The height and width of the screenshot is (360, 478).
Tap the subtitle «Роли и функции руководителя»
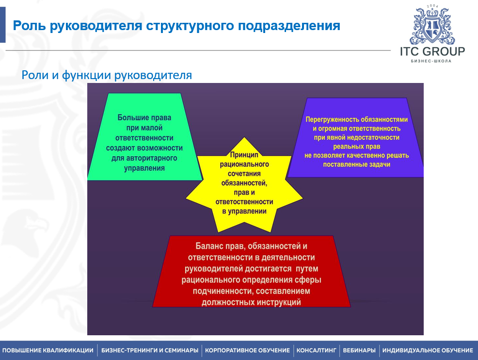107,75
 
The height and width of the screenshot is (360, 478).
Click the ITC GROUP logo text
432,51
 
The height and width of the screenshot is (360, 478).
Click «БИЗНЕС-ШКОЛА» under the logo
431,62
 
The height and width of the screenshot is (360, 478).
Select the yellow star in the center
244,184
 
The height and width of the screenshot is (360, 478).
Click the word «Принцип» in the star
244,155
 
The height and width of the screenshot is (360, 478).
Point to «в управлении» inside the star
244,211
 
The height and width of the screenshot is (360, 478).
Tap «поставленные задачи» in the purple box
357,164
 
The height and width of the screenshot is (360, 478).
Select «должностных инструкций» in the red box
251,302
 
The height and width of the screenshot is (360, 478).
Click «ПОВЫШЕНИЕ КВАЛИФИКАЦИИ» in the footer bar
48,350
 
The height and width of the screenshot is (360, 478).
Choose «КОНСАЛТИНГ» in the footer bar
317,350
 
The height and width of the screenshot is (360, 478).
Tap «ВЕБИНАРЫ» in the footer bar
359,350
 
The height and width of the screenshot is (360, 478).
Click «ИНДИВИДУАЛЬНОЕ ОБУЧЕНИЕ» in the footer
428,350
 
